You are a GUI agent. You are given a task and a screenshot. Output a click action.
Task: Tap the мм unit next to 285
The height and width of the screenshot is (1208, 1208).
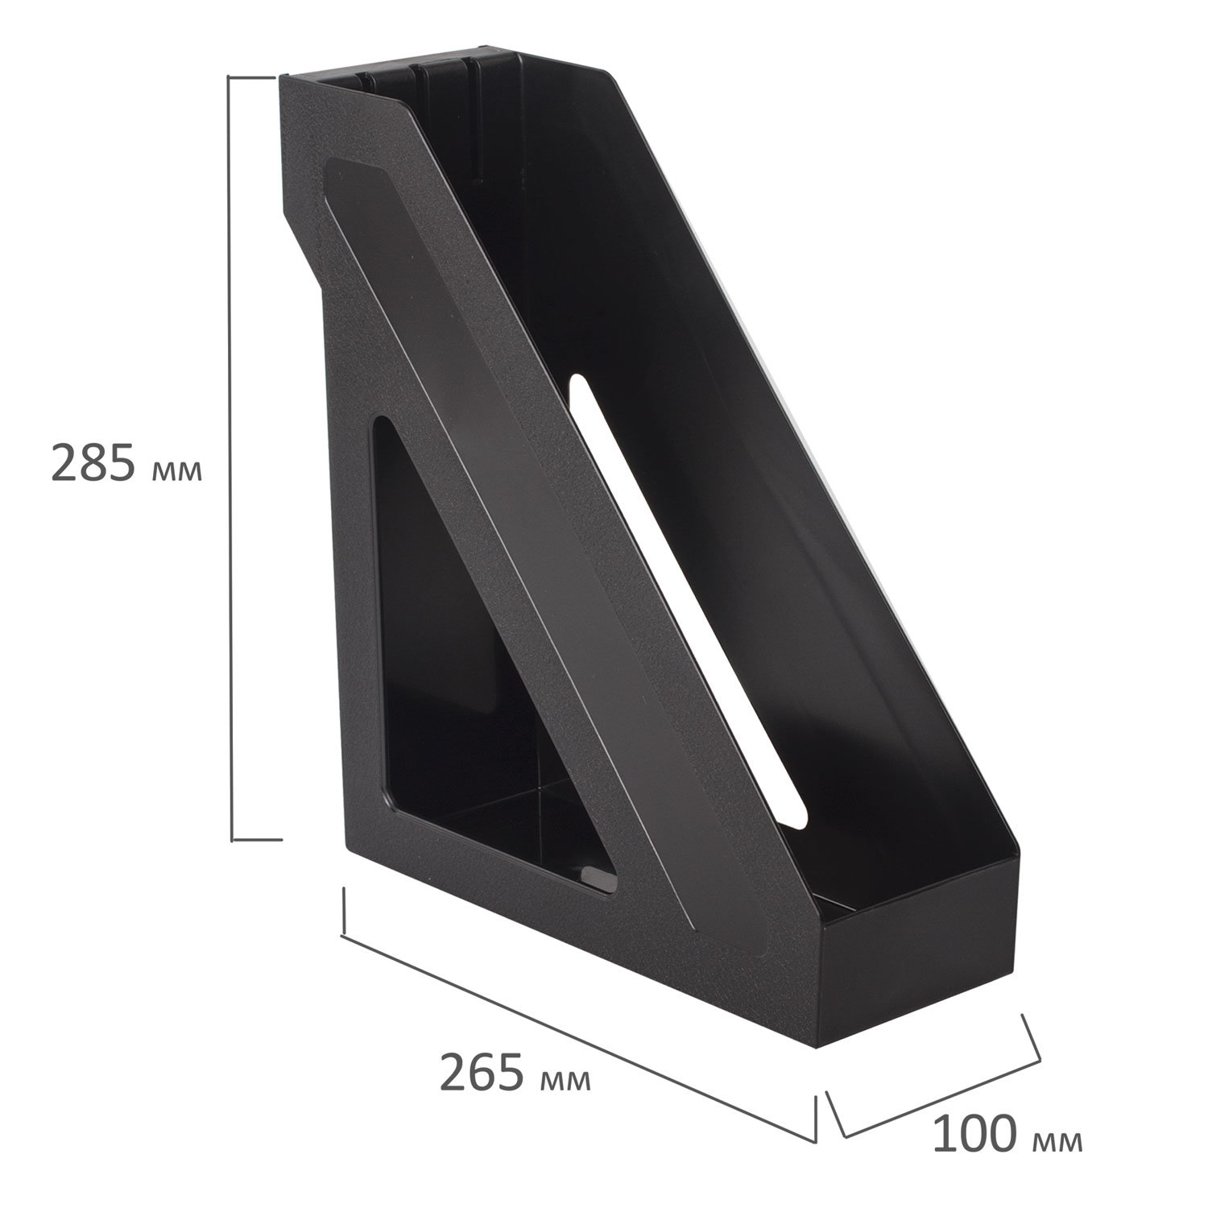176,470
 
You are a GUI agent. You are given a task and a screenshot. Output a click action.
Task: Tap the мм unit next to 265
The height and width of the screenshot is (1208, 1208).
566,1082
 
